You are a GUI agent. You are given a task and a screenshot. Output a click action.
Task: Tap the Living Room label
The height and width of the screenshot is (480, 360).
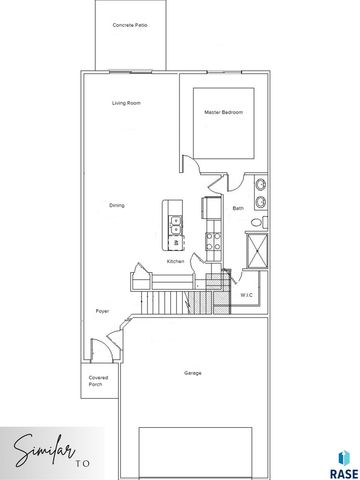(x=126, y=103)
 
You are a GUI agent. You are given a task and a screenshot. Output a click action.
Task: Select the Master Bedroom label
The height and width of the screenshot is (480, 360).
(x=223, y=112)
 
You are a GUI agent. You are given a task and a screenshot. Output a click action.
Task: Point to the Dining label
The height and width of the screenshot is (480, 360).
(x=117, y=205)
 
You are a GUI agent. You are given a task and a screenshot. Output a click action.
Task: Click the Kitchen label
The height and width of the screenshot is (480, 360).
(x=176, y=261)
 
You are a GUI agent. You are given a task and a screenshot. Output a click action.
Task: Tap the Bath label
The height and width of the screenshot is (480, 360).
(x=238, y=208)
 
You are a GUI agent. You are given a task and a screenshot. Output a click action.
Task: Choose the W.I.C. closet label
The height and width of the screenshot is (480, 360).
(x=246, y=295)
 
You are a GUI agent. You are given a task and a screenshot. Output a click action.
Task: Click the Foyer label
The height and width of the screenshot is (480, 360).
(x=102, y=311)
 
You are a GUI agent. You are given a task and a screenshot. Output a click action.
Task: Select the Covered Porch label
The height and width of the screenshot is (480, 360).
(x=96, y=381)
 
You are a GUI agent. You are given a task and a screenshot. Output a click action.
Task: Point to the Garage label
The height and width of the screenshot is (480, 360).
(x=192, y=373)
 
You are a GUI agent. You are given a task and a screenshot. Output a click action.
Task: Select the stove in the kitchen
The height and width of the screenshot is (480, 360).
(x=212, y=240)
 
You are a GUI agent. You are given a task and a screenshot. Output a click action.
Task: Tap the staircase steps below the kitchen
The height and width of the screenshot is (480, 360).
(x=170, y=300)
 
